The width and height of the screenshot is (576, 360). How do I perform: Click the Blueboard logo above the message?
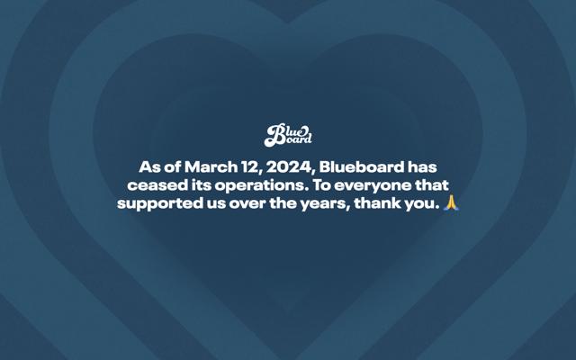[x=288, y=135]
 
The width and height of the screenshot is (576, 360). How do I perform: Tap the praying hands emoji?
[x=451, y=202]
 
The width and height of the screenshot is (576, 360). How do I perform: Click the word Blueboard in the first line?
[x=362, y=167]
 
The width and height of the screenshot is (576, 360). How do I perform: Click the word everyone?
[x=373, y=186]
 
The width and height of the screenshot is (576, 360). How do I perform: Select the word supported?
[x=159, y=204]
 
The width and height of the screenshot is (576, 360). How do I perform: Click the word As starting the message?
[x=149, y=167]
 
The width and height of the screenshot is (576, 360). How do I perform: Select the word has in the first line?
[x=422, y=167]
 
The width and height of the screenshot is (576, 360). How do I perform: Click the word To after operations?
[x=321, y=185]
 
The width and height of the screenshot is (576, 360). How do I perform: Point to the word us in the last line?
[x=215, y=204]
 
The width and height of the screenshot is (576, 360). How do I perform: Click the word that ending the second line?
[x=432, y=185]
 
